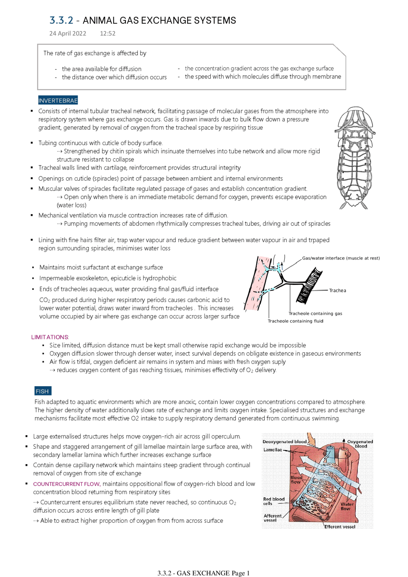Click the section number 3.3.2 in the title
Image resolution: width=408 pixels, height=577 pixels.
(61, 20)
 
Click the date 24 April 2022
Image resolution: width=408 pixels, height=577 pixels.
(68, 33)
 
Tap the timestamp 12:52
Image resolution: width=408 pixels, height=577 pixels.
(107, 33)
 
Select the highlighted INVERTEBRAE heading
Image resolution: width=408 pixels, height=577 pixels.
(58, 100)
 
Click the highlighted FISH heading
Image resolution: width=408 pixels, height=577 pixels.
(42, 391)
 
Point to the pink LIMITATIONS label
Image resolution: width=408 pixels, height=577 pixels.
(50, 337)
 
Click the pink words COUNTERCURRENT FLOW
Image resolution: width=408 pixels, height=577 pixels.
(67, 484)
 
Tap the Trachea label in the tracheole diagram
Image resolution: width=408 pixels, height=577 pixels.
(337, 291)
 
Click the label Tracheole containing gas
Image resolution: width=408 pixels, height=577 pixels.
(315, 314)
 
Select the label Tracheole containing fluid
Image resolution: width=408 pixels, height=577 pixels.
(295, 321)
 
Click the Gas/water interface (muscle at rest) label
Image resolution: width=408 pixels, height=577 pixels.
(341, 258)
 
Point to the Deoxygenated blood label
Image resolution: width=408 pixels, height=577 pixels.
(284, 442)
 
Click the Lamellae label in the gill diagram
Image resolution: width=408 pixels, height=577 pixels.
(273, 450)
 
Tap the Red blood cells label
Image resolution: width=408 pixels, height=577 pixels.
(273, 501)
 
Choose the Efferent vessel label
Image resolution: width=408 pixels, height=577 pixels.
(339, 527)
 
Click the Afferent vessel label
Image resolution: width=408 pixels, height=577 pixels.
(272, 518)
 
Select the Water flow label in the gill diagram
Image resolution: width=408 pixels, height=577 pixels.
(347, 507)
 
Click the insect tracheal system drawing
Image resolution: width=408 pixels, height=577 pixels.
(353, 158)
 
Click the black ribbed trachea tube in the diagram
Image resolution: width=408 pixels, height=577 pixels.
(309, 285)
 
